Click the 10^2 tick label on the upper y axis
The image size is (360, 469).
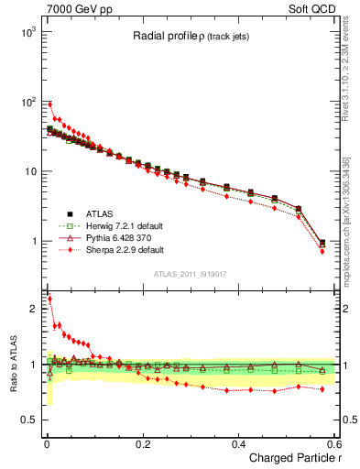coord(25,102)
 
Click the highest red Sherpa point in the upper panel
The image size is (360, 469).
coord(49,104)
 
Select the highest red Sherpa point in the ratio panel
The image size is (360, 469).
coord(49,299)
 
